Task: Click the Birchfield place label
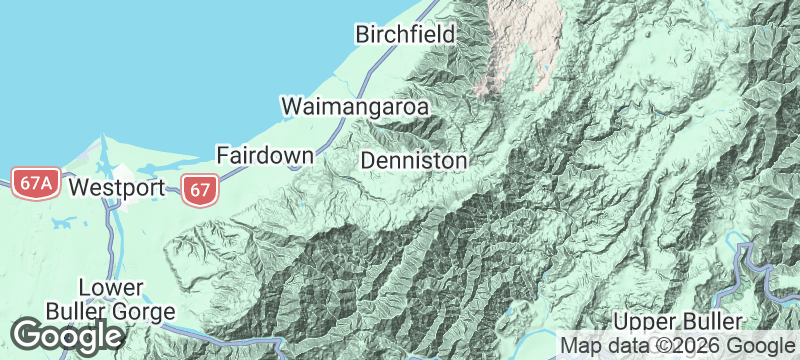(x=405, y=34)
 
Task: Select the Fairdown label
(x=265, y=155)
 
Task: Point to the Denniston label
(x=413, y=160)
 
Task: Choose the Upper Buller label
(x=677, y=321)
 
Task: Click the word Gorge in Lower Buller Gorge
(x=141, y=311)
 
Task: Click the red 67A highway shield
(x=34, y=182)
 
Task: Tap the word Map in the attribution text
(x=582, y=346)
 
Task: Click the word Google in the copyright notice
(x=761, y=346)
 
